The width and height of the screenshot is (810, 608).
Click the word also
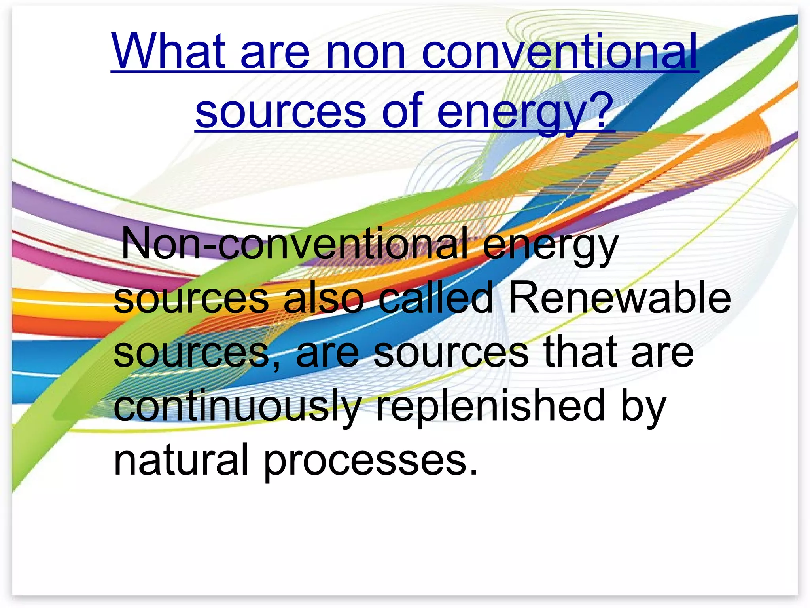pos(324,298)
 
